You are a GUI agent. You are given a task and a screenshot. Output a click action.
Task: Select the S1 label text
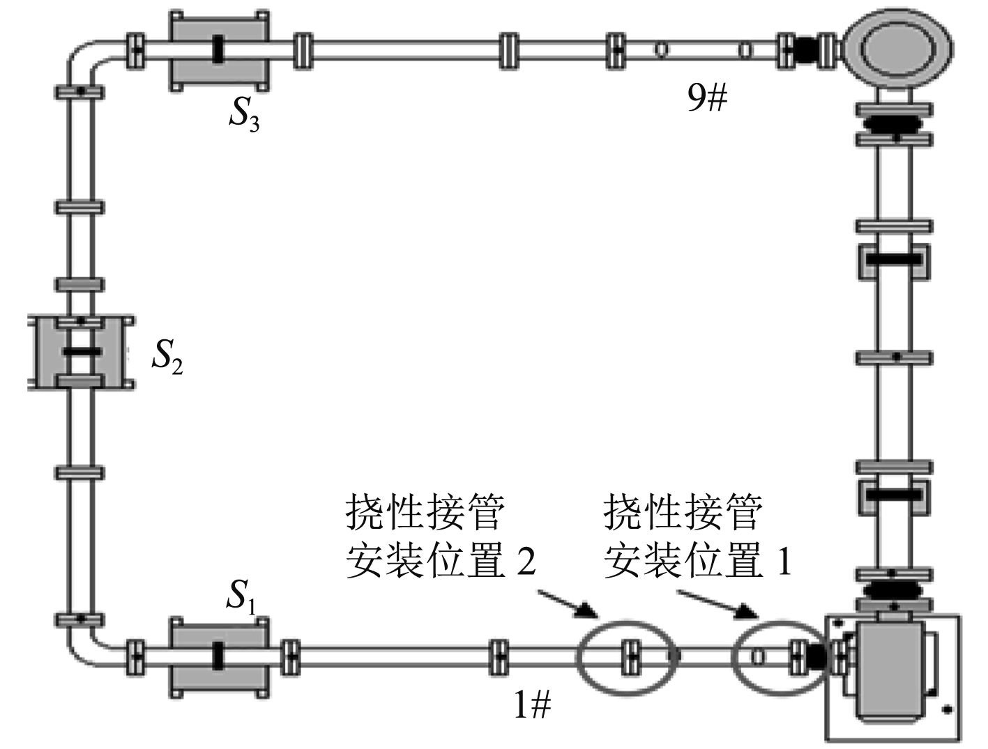tap(242, 596)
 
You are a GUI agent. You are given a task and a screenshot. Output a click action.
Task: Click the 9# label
tap(707, 100)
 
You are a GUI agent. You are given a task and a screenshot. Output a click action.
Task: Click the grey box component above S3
tap(219, 49)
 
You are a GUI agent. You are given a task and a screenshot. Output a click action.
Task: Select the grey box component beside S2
tap(80, 351)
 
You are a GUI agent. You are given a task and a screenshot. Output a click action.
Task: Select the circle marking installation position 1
tap(777, 656)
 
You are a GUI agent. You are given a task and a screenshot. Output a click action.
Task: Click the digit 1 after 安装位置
tap(784, 562)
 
